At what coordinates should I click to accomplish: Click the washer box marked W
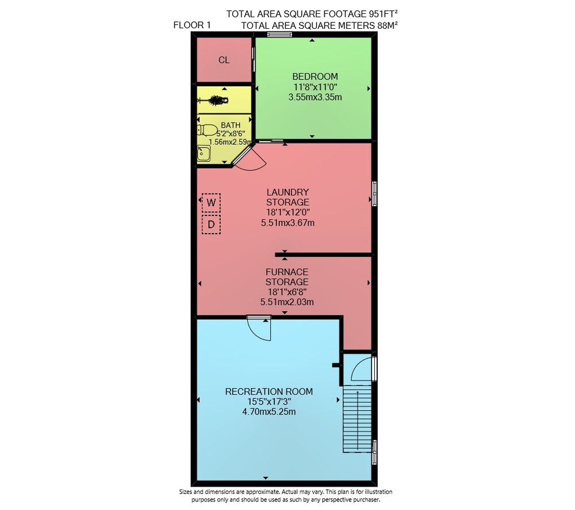(x=211, y=203)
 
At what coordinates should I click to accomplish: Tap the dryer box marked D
(x=211, y=224)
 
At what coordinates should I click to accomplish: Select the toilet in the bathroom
(x=207, y=130)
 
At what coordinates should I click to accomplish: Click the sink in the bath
(x=204, y=153)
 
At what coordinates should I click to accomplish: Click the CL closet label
(x=224, y=60)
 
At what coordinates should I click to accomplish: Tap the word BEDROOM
(x=315, y=77)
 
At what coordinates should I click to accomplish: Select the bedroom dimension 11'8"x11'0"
(x=315, y=87)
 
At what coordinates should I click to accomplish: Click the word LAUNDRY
(x=287, y=192)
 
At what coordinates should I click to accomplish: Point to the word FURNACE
(x=287, y=272)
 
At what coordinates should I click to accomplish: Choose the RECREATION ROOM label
(x=269, y=392)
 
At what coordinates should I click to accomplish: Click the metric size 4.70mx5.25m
(x=269, y=412)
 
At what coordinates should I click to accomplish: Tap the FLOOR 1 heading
(x=192, y=25)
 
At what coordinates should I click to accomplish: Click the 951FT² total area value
(x=383, y=14)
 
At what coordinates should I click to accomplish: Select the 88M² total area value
(x=387, y=25)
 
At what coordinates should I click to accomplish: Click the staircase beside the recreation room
(x=358, y=418)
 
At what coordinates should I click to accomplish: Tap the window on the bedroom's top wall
(x=279, y=35)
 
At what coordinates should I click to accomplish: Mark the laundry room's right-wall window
(x=374, y=193)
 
